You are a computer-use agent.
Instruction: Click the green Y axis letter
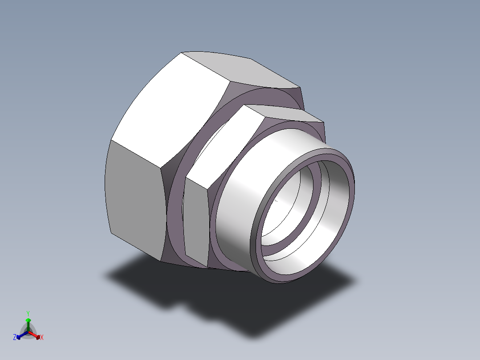coord(28,313)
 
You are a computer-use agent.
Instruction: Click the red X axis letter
coord(42,337)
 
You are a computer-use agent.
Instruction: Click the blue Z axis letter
coord(15,337)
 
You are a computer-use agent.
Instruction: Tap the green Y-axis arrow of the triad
coord(28,325)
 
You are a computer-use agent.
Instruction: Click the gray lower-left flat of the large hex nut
coord(134,199)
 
